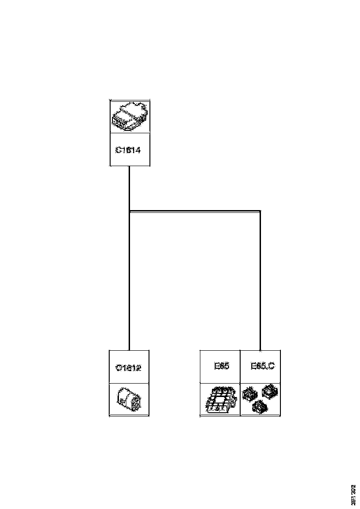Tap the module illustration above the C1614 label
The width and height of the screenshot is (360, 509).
coord(130,117)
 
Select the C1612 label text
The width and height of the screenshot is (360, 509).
coord(129,368)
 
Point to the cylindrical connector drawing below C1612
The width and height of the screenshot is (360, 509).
coord(130,399)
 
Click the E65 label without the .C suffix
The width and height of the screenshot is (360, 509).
coord(222,366)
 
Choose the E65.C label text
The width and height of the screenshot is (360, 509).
coord(262,366)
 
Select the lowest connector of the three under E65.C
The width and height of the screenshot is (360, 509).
coord(259,407)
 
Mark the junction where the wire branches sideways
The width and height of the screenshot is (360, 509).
coord(130,211)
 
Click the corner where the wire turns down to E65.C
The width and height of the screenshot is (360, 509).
coord(260,211)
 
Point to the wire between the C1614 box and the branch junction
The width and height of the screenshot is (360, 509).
coord(129,187)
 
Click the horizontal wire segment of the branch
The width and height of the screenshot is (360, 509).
coord(194,211)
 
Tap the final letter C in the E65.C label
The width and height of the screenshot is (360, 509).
coord(271,366)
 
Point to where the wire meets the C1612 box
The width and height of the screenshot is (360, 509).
coord(129,350)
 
